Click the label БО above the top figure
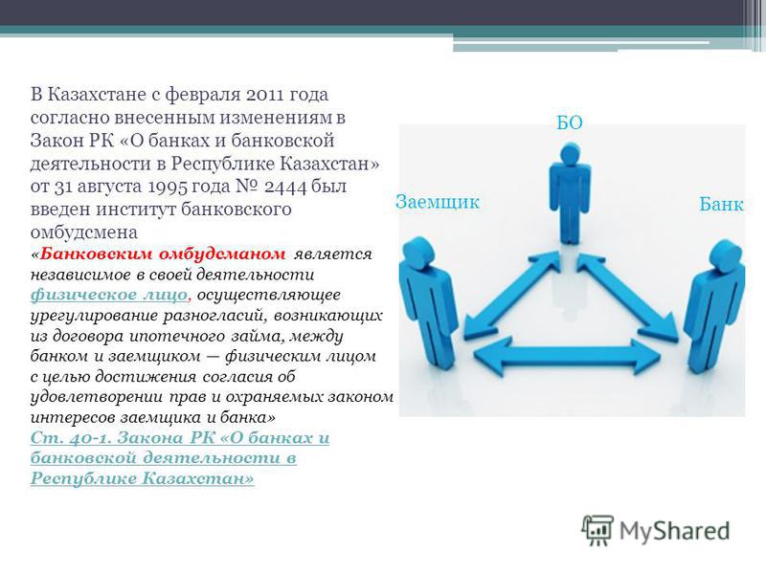pos(570,122)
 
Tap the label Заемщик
pos(438,202)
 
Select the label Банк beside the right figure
pos(721,204)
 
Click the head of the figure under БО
pos(571,154)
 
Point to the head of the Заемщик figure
pos(419,251)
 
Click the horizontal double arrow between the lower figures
pos(567,357)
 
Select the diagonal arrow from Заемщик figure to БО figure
pos(511,295)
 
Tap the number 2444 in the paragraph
pos(285,187)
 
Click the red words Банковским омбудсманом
pos(163,254)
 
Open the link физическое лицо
pos(109,295)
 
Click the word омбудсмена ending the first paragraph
pos(84,232)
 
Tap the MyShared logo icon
pos(597,530)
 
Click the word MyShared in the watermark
pos(675,531)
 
